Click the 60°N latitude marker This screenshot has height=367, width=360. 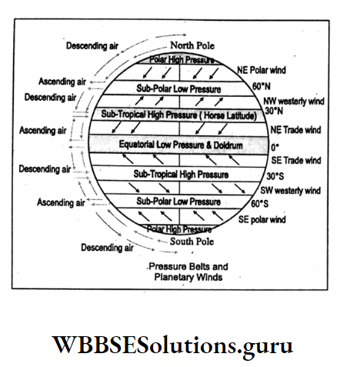[262, 86]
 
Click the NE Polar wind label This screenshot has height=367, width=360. [262, 70]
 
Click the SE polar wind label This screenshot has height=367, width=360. [264, 219]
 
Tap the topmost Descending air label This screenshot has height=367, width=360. [92, 46]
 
